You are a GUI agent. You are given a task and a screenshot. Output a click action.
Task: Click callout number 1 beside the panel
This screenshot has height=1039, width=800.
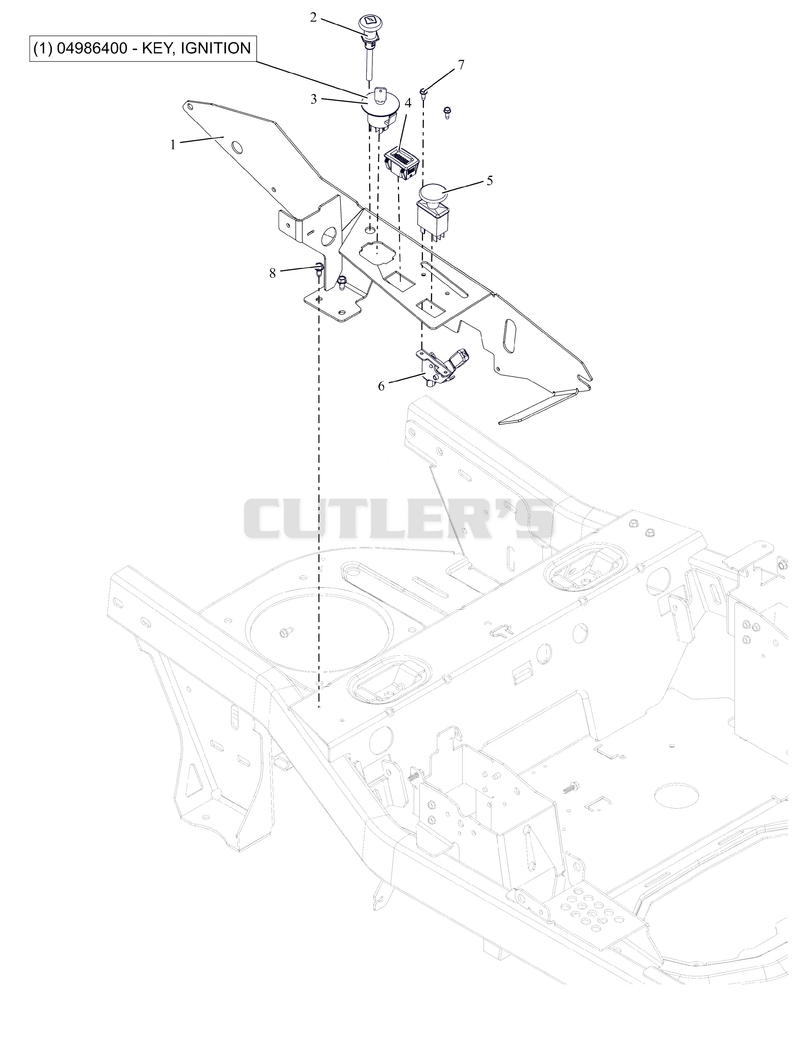tap(174, 144)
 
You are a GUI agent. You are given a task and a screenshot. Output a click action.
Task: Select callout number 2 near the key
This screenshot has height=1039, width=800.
tap(314, 17)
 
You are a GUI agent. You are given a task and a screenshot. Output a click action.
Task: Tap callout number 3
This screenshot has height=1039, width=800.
tap(314, 99)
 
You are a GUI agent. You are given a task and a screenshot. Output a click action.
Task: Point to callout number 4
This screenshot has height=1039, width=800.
tap(408, 102)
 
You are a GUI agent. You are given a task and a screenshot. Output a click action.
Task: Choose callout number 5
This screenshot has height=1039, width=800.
tap(490, 180)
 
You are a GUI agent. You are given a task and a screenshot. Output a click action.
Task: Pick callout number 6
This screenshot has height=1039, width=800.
tap(381, 386)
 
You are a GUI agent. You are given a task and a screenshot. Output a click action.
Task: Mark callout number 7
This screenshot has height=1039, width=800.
tap(461, 65)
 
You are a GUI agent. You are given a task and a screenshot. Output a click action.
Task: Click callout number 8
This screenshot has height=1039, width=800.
tap(272, 273)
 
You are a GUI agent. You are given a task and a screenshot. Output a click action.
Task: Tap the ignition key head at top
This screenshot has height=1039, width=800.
tap(367, 24)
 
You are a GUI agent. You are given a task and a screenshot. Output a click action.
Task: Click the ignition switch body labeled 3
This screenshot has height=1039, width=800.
tap(380, 108)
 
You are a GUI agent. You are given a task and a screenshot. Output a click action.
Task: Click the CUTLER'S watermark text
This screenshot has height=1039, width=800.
tap(399, 519)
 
